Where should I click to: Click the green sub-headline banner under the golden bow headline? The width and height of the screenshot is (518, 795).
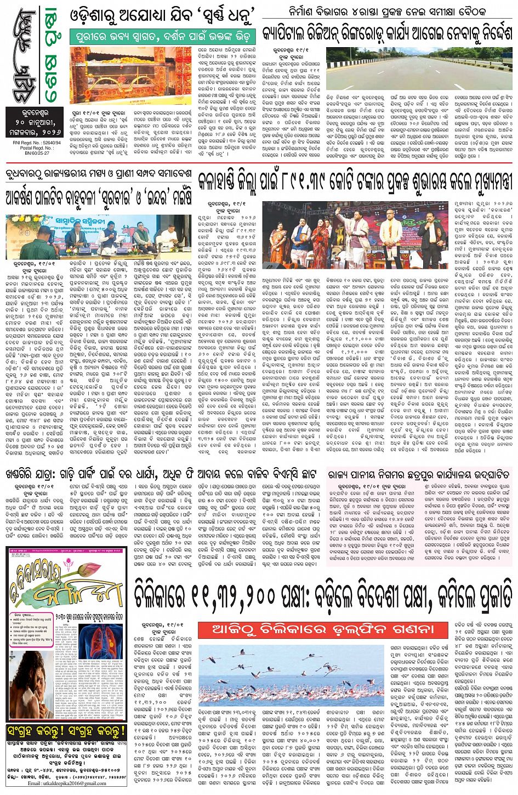click(x=163, y=37)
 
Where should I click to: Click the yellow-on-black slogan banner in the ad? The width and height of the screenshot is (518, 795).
click(x=66, y=731)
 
